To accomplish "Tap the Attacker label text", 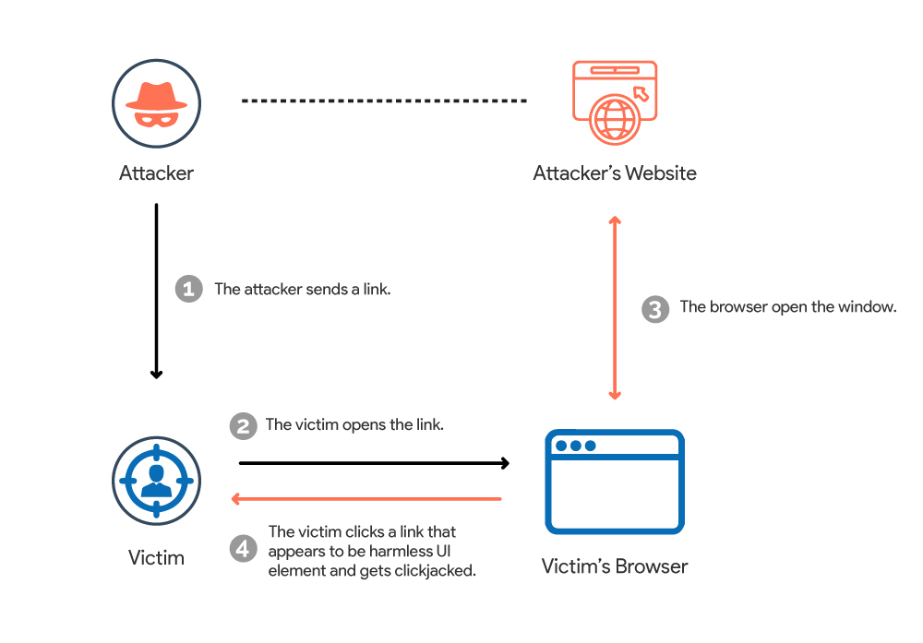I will [x=156, y=173].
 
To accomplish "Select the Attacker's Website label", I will [x=615, y=173].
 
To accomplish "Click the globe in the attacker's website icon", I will [x=615, y=119].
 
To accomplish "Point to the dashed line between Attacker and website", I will [x=383, y=100].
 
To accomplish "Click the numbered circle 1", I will [x=188, y=289].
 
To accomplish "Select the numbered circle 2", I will [x=243, y=425].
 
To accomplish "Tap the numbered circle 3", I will [x=654, y=308].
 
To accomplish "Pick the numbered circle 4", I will [x=243, y=549].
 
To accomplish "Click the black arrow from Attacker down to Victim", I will [x=157, y=291].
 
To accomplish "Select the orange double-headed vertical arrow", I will [x=615, y=307].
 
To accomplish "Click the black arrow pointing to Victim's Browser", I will [x=374, y=462].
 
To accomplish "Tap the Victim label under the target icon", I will [x=156, y=557].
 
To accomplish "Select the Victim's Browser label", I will [x=615, y=566].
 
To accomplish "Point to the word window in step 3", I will [x=870, y=307].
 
